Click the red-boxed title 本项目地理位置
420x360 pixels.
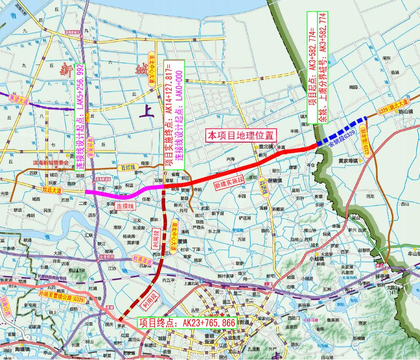click(241, 136)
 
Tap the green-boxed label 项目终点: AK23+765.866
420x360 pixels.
click(187, 323)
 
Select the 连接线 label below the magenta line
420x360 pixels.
click(125, 206)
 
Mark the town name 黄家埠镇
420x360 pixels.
click(348, 161)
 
